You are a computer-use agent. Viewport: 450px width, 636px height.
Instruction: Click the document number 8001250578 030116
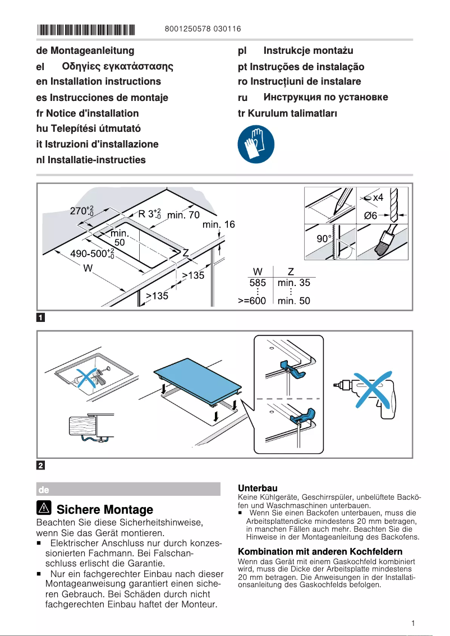(203, 29)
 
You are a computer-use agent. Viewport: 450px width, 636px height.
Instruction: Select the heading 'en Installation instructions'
(98, 82)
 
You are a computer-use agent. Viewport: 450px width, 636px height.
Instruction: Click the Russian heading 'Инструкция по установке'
(325, 98)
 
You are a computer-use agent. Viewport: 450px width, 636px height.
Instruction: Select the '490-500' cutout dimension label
(91, 254)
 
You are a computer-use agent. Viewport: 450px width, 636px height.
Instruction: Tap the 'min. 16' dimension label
(219, 225)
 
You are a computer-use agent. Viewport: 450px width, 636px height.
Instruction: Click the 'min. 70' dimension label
(183, 215)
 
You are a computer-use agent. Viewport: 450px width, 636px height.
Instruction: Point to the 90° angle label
(323, 239)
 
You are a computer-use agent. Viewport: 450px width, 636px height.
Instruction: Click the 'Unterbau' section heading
(258, 488)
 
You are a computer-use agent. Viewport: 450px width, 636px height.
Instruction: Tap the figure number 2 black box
(40, 465)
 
